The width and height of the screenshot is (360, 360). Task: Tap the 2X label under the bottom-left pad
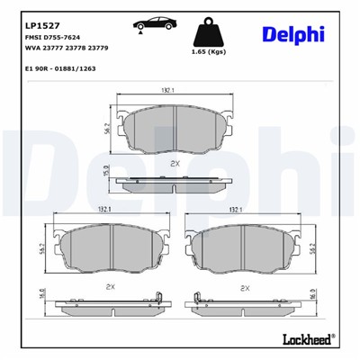110,286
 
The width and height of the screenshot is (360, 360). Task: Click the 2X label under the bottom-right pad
244,287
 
